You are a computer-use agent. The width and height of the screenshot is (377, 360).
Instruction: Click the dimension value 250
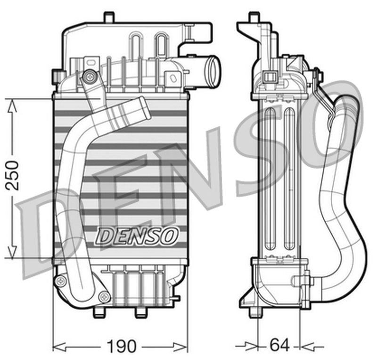point(13,175)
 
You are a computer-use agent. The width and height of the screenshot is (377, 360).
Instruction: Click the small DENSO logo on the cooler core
point(137,235)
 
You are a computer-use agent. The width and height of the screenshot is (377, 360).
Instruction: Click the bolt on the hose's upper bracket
point(88,75)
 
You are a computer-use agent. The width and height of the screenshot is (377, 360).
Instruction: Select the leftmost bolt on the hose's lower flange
point(60,281)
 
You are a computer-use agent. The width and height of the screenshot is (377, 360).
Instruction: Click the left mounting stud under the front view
point(98,312)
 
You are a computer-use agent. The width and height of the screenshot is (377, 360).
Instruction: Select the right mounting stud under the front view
point(140,312)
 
